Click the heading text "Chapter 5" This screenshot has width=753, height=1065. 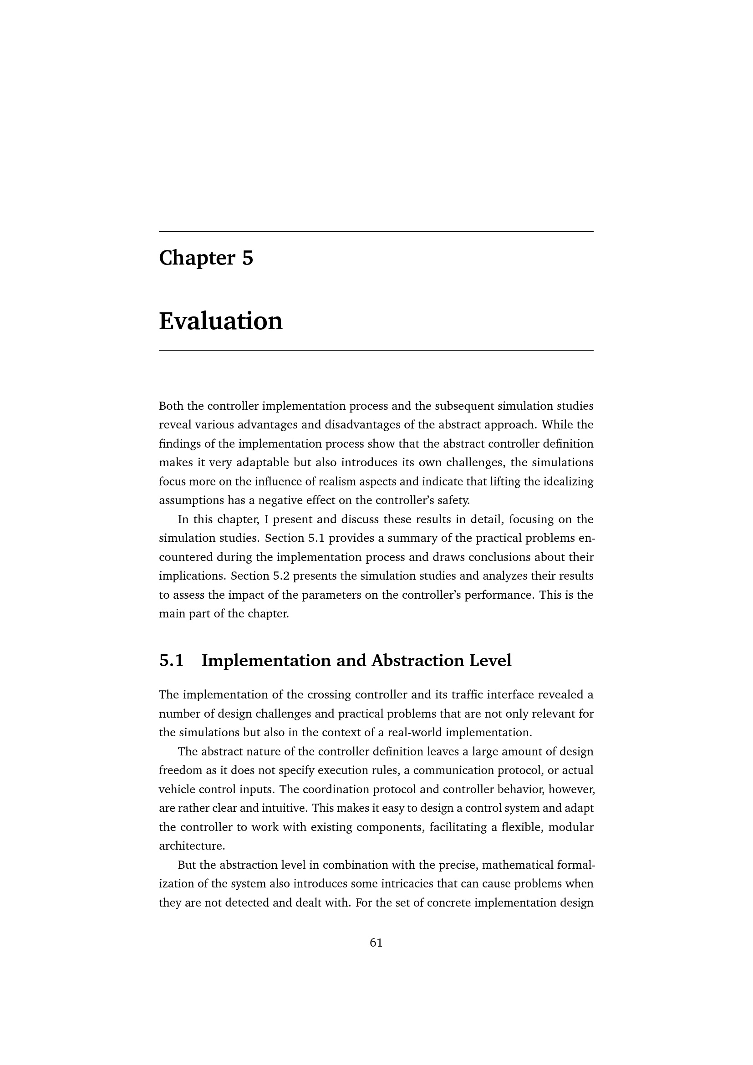pyautogui.click(x=206, y=258)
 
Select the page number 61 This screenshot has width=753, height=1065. pyautogui.click(x=376, y=943)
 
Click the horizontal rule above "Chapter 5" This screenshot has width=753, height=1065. pyautogui.click(x=376, y=231)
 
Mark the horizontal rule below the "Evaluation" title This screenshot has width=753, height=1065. pyautogui.click(x=376, y=351)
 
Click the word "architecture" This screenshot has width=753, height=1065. pyautogui.click(x=192, y=846)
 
